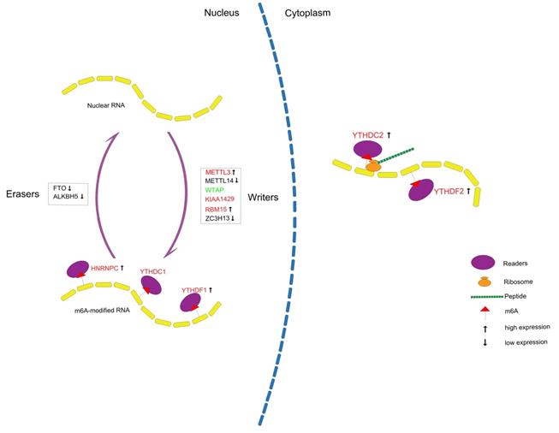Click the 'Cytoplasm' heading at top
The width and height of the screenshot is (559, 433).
309,13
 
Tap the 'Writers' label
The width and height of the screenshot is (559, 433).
265,197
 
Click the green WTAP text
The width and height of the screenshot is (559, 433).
215,189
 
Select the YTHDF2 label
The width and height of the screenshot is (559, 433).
455,191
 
